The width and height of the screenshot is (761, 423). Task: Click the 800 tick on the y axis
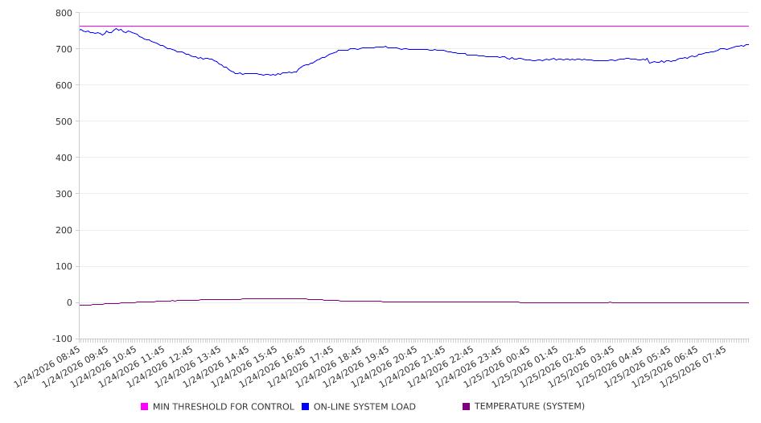(64, 13)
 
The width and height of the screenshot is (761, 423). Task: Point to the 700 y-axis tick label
(64, 49)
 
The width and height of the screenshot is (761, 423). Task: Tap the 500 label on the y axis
(64, 121)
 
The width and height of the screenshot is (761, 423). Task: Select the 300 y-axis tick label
(64, 194)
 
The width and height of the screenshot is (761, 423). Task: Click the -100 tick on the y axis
(61, 339)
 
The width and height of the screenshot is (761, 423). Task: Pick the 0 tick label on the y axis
(68, 303)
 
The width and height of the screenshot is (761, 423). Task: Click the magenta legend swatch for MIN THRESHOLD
(145, 407)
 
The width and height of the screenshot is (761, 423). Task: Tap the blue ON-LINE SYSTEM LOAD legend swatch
(305, 407)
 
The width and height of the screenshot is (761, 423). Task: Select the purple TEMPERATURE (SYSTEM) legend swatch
(466, 407)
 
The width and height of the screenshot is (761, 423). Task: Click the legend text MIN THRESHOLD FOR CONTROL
(223, 407)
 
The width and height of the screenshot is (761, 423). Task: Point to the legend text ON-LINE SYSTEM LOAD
(364, 407)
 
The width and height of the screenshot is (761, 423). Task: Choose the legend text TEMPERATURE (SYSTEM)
(529, 407)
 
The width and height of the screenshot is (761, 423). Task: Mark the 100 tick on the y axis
(64, 267)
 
